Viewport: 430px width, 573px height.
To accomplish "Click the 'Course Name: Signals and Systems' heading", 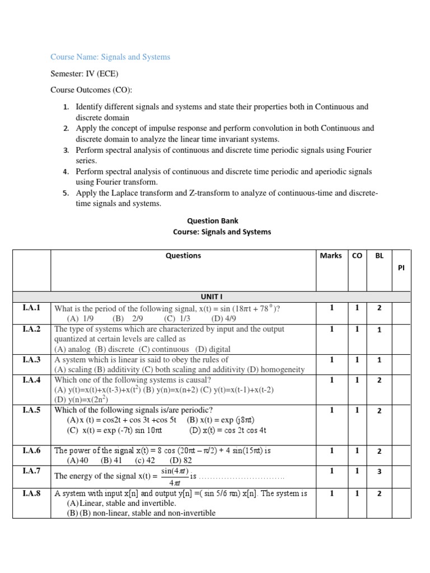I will coord(110,57).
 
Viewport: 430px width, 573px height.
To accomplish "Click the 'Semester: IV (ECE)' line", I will coord(84,74).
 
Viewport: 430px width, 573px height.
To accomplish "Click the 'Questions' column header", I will coord(183,256).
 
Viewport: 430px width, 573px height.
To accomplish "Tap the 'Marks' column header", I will coord(330,256).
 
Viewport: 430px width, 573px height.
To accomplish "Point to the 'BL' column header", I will coord(379,256).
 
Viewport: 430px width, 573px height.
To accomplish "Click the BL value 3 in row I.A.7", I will coord(379,471).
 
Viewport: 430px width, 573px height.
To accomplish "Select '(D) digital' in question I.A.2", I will coord(212,349).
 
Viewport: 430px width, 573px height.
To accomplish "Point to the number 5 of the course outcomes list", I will coord(66,194).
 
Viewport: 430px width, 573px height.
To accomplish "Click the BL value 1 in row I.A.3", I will coord(379,360).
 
